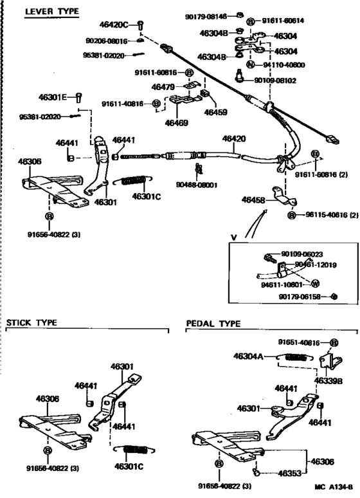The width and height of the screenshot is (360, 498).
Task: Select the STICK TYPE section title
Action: [32, 322]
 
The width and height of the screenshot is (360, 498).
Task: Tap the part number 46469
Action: [176, 122]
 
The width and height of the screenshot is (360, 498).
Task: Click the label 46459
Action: [215, 112]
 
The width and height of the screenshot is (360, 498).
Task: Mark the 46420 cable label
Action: [234, 138]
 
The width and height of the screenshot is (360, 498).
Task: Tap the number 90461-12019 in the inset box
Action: [316, 264]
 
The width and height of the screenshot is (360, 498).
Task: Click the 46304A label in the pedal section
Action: [248, 355]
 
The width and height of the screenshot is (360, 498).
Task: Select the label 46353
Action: [290, 473]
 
